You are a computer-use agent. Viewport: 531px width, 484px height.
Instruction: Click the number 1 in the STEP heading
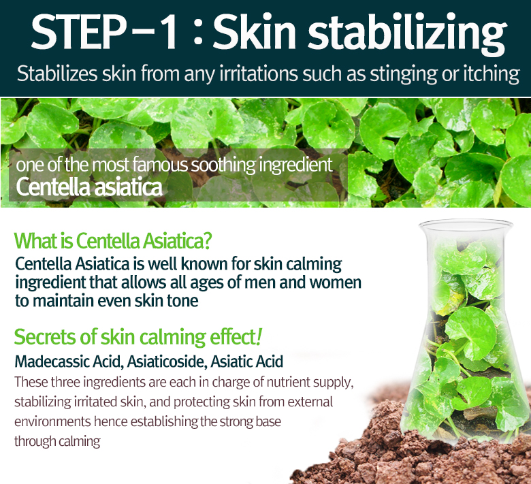click(x=166, y=31)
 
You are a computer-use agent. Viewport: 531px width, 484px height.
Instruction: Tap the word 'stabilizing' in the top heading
click(x=406, y=34)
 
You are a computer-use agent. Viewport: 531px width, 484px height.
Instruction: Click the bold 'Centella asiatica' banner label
click(x=89, y=187)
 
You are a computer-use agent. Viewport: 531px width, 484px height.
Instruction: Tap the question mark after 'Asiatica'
click(x=207, y=240)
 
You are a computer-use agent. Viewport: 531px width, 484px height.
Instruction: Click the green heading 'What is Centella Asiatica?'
click(x=113, y=240)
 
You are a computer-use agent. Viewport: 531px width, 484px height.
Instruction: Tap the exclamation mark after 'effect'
click(x=259, y=337)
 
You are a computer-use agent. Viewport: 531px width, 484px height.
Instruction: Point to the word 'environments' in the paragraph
click(x=52, y=421)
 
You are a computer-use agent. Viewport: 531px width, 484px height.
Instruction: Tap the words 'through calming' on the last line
click(x=57, y=442)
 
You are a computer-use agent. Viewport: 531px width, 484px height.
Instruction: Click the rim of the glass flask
click(x=466, y=223)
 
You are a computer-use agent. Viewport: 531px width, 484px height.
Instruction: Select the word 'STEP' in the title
click(x=78, y=31)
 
